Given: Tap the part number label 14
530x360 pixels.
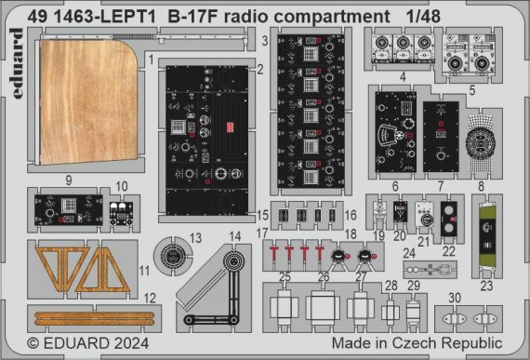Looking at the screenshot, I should pos(236,236).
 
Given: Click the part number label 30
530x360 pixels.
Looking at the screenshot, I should pos(452,298).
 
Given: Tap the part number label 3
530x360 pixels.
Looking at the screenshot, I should pos(265,42).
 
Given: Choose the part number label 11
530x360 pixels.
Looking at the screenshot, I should pos(142,271).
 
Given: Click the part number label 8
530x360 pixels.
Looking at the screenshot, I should pos(480,185).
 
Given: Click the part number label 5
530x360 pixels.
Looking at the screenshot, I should pos(472,91).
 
